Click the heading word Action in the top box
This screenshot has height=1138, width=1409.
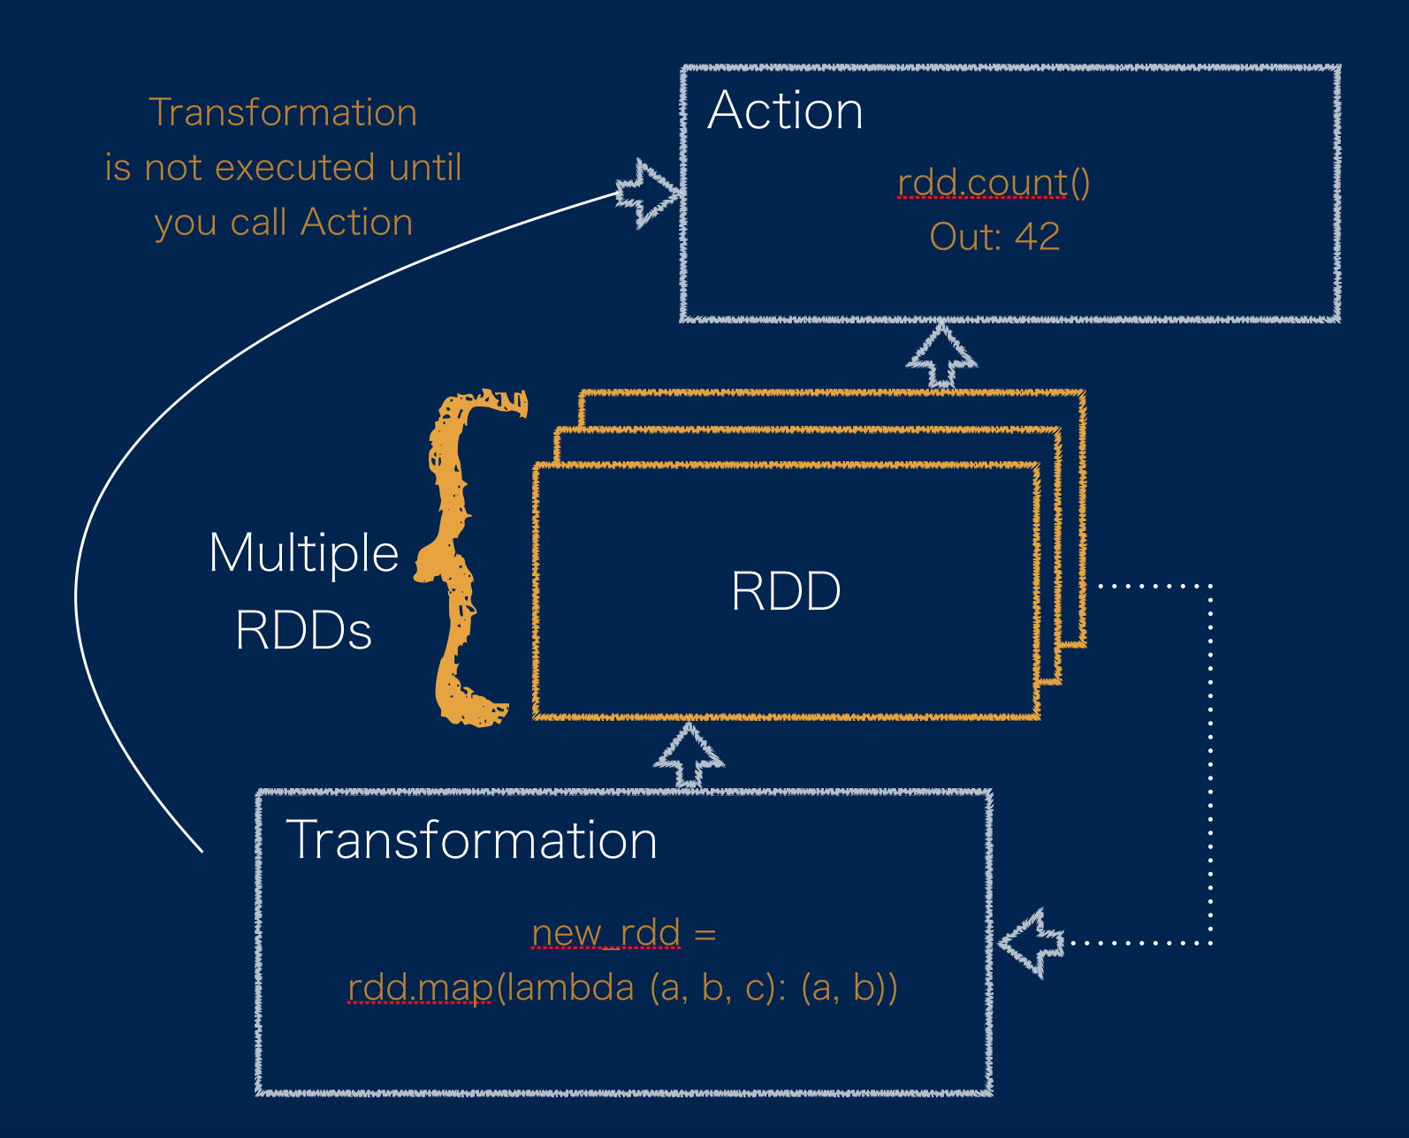pyautogui.click(x=785, y=110)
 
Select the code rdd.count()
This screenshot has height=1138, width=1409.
pyautogui.click(x=994, y=183)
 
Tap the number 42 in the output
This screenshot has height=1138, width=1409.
pyautogui.click(x=1037, y=237)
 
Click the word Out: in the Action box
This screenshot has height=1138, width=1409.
pyautogui.click(x=966, y=237)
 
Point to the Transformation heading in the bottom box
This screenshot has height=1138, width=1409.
pyautogui.click(x=471, y=839)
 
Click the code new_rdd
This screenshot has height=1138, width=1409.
pyautogui.click(x=605, y=933)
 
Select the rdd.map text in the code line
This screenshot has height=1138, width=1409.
pyautogui.click(x=421, y=988)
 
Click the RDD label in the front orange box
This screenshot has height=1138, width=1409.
pyautogui.click(x=786, y=591)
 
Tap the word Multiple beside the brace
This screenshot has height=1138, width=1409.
pyautogui.click(x=303, y=554)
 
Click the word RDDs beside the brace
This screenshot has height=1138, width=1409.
pyautogui.click(x=303, y=631)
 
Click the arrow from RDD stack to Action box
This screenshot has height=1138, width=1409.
pyautogui.click(x=941, y=355)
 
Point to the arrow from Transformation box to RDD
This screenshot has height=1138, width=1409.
pyautogui.click(x=689, y=755)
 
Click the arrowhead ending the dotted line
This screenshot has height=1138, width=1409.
pyautogui.click(x=1031, y=944)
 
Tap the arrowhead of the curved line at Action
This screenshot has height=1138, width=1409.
pyautogui.click(x=647, y=193)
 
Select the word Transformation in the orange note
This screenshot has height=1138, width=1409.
pyautogui.click(x=283, y=112)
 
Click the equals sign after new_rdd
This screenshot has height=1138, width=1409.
pyautogui.click(x=705, y=934)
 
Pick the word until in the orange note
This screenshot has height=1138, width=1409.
pyautogui.click(x=424, y=167)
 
